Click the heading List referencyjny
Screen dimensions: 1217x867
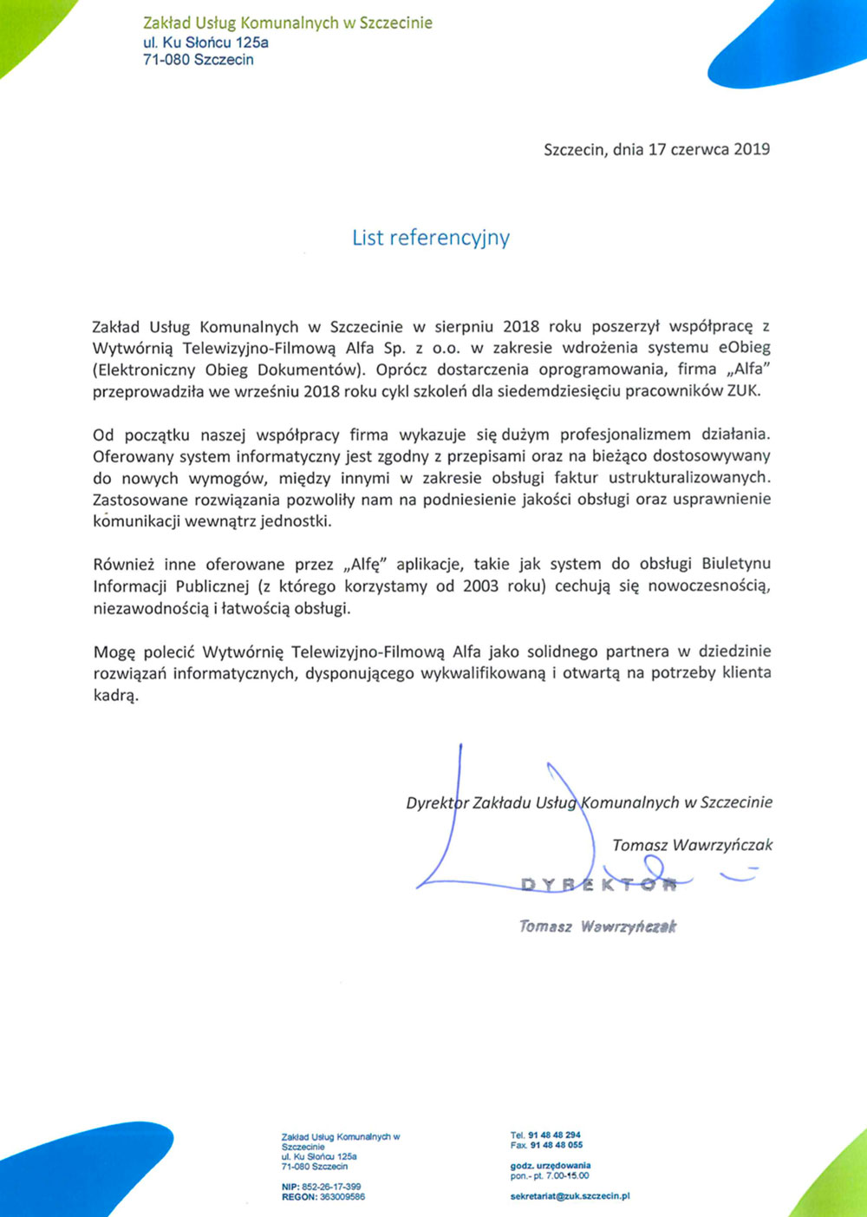(x=430, y=238)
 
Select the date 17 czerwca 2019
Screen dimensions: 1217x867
(x=709, y=149)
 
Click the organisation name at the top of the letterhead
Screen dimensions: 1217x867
(x=288, y=23)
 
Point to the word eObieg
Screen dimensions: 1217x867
(x=742, y=347)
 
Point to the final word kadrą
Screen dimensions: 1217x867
(x=115, y=695)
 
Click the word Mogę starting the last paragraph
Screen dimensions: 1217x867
(x=114, y=651)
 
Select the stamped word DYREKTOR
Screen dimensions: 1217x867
(x=598, y=885)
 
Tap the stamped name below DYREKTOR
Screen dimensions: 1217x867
(x=597, y=926)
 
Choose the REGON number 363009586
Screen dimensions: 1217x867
(x=342, y=1197)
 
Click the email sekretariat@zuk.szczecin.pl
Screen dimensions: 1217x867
(x=570, y=1196)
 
